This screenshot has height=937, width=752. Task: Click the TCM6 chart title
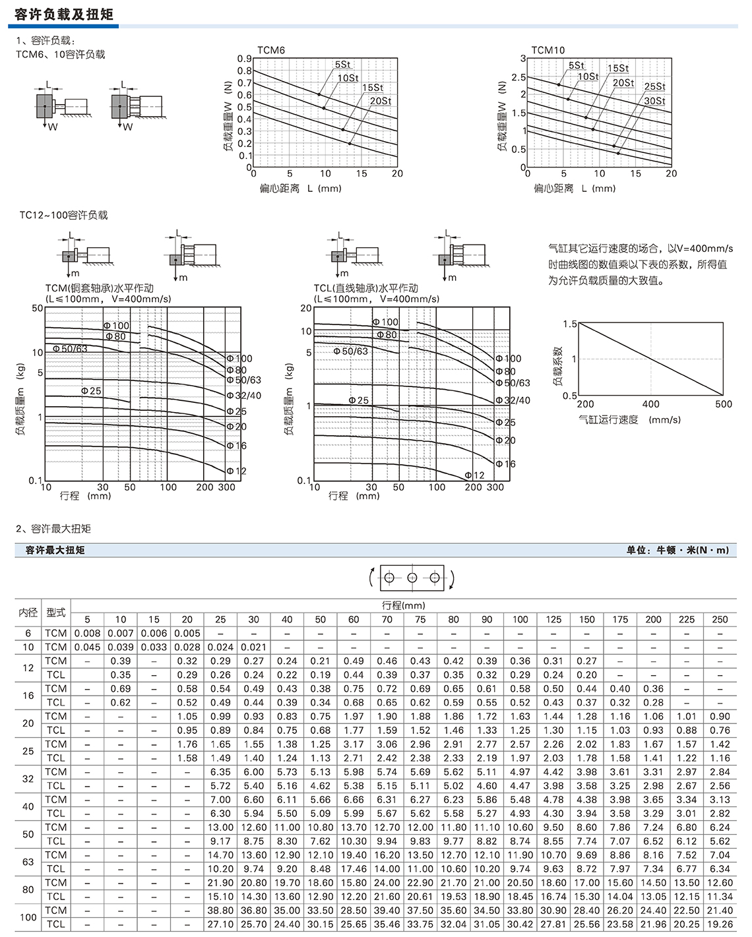coord(271,50)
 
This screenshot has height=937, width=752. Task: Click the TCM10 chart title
coord(548,50)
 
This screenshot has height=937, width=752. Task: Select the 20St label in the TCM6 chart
coord(381,101)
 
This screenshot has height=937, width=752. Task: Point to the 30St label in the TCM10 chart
coord(654,101)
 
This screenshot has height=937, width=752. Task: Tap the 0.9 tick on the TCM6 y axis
coord(244,59)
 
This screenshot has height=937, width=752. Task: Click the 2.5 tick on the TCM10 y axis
coord(518,77)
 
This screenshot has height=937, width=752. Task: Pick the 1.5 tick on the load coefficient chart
coord(570,324)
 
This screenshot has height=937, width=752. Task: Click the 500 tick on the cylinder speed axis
coord(724,404)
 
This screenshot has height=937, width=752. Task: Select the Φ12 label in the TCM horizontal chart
coord(236,471)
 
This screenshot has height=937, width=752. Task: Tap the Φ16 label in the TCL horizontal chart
coord(505,464)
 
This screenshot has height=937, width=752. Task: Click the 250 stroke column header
coord(720,620)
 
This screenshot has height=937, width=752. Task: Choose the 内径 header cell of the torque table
coord(28,613)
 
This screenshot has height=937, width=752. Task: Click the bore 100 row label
coord(28,917)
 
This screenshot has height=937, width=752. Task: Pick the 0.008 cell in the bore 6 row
coord(87,633)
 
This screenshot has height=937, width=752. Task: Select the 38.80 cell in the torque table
coord(220,911)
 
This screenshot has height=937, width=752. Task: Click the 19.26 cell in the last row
coord(720,924)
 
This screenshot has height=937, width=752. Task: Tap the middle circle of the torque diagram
coord(412,578)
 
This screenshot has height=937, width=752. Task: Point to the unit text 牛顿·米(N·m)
coord(693,550)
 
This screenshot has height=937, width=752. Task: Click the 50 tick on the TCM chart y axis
coord(38,308)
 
